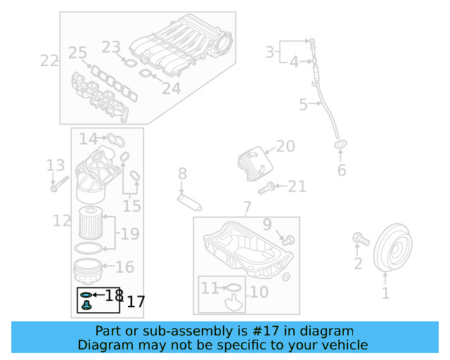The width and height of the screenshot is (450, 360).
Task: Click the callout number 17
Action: (x=135, y=302)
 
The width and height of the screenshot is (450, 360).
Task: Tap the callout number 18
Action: (x=114, y=295)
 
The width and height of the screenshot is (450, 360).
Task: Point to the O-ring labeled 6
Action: (x=341, y=145)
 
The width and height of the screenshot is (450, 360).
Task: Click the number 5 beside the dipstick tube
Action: (x=303, y=105)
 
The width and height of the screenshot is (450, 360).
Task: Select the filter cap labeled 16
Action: (x=88, y=270)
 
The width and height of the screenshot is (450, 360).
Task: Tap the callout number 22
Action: (x=49, y=61)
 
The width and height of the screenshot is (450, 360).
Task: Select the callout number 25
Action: (x=77, y=53)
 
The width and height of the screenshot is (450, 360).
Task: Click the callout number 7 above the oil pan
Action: (x=246, y=208)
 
